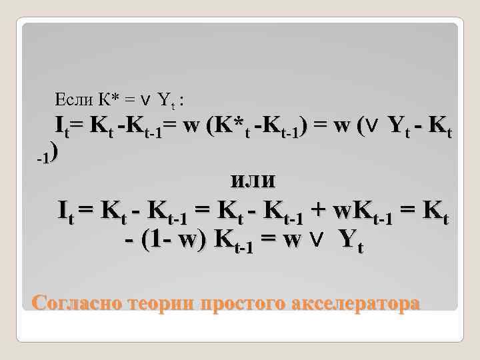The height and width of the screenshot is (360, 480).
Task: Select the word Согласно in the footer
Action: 71,303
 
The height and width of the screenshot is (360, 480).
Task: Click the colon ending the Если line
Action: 183,101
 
